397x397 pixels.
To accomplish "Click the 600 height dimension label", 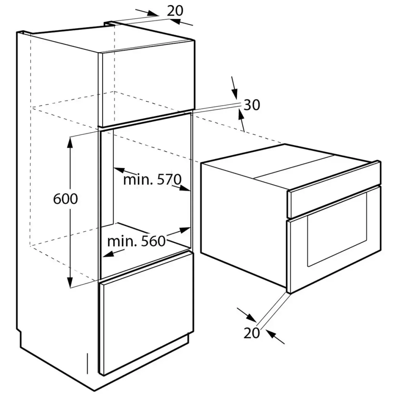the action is click(x=65, y=199).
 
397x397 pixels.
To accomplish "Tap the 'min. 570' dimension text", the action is click(x=152, y=179).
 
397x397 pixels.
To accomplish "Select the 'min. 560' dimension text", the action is click(x=136, y=241).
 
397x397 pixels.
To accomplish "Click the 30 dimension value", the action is click(x=252, y=105).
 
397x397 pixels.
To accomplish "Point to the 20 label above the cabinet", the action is click(x=175, y=11).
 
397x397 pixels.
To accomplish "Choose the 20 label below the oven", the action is click(x=252, y=333).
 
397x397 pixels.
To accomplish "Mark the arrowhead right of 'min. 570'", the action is click(x=185, y=188).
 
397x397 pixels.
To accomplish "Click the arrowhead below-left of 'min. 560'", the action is click(x=109, y=254).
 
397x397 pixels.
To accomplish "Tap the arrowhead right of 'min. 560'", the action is click(x=184, y=230).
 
